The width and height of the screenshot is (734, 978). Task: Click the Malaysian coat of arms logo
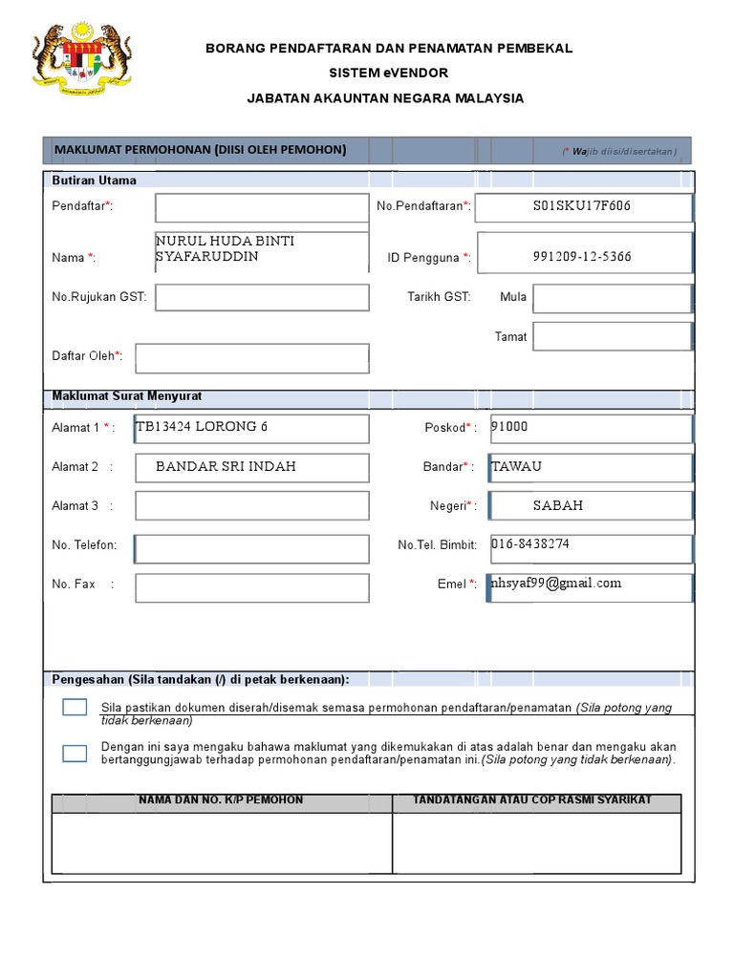point(82,60)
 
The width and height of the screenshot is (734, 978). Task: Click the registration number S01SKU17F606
point(582,206)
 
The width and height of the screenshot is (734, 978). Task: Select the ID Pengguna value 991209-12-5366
point(582,257)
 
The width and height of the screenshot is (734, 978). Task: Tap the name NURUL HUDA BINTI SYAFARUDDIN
point(226,249)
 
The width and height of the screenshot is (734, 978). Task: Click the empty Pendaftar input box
point(261,207)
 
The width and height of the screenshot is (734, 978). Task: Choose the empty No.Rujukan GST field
point(262,297)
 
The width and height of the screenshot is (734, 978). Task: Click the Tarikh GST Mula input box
point(612,298)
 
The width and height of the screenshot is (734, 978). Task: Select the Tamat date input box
point(612,336)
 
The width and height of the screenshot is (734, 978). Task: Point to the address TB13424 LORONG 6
point(202,427)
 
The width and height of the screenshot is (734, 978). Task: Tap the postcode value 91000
point(509,428)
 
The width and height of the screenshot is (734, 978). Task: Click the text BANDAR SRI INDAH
point(226,467)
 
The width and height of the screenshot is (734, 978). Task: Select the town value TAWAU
point(516,467)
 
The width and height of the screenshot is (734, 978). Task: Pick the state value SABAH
point(558,505)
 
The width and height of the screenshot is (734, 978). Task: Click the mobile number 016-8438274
point(530,544)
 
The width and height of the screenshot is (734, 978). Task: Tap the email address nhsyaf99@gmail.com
point(555,584)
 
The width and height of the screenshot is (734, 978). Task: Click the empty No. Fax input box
point(252,588)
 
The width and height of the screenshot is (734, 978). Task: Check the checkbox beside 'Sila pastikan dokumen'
point(75,708)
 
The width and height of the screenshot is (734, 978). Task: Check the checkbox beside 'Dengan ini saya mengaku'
point(75,753)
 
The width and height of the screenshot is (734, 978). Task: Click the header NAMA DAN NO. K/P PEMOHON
point(221,800)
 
